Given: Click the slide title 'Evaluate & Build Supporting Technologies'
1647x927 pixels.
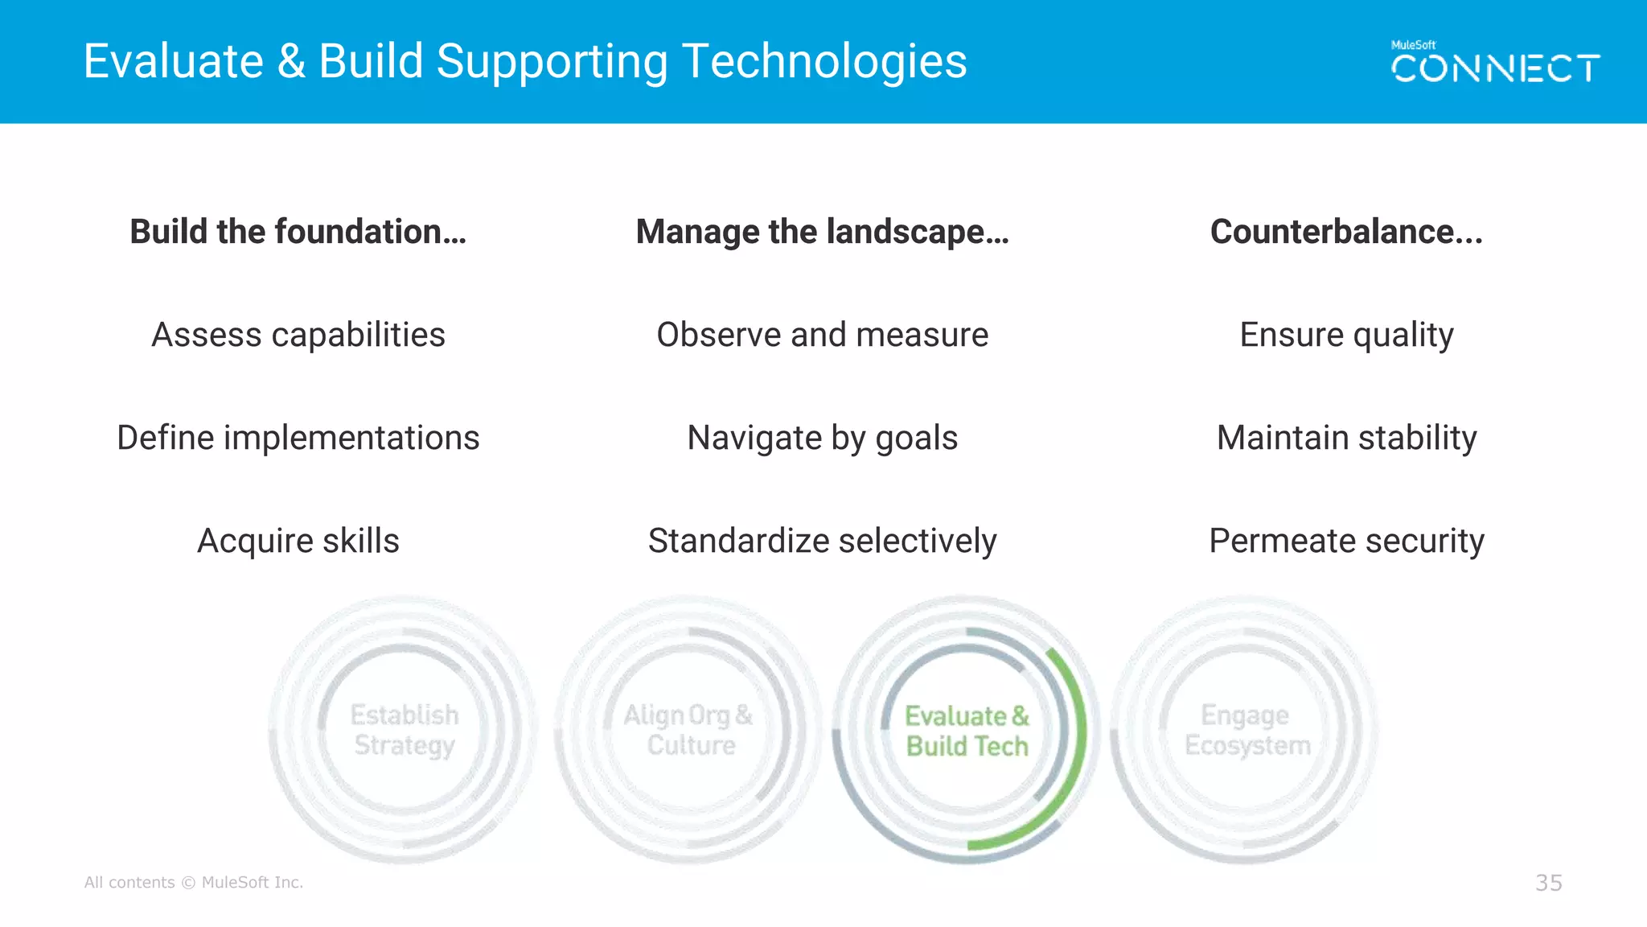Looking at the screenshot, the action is coord(525,62).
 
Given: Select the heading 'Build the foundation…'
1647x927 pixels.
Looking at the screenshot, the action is coord(298,232).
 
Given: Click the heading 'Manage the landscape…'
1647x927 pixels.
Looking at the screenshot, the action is coord(822,232).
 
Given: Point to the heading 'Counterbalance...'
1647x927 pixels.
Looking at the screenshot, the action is coord(1346,232).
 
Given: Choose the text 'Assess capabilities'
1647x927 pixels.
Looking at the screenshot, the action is coord(298,335).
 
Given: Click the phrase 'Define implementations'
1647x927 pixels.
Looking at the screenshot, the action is coord(298,438).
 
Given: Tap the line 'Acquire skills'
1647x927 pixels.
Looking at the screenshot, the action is coord(298,541).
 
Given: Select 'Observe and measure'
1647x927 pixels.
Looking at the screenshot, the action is coord(822,335).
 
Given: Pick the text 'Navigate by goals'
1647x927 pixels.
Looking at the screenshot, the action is coord(822,438).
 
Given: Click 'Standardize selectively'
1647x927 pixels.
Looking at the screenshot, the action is coord(822,541).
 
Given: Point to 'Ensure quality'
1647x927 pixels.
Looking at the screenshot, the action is coord(1346,335).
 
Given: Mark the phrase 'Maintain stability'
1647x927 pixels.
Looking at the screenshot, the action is coord(1346,438).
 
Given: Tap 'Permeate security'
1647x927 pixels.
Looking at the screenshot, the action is coord(1346,541).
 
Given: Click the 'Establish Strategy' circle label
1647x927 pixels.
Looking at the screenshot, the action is coord(405,730).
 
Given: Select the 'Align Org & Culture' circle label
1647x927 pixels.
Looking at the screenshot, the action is coord(689,730).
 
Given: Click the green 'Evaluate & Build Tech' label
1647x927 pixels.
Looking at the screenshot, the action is coord(967,731).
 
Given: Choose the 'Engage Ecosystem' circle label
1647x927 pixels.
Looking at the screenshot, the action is coord(1247,730).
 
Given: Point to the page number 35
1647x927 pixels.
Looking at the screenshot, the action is coord(1548,883).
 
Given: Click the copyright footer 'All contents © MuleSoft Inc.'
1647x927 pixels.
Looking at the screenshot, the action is coord(194,883).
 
